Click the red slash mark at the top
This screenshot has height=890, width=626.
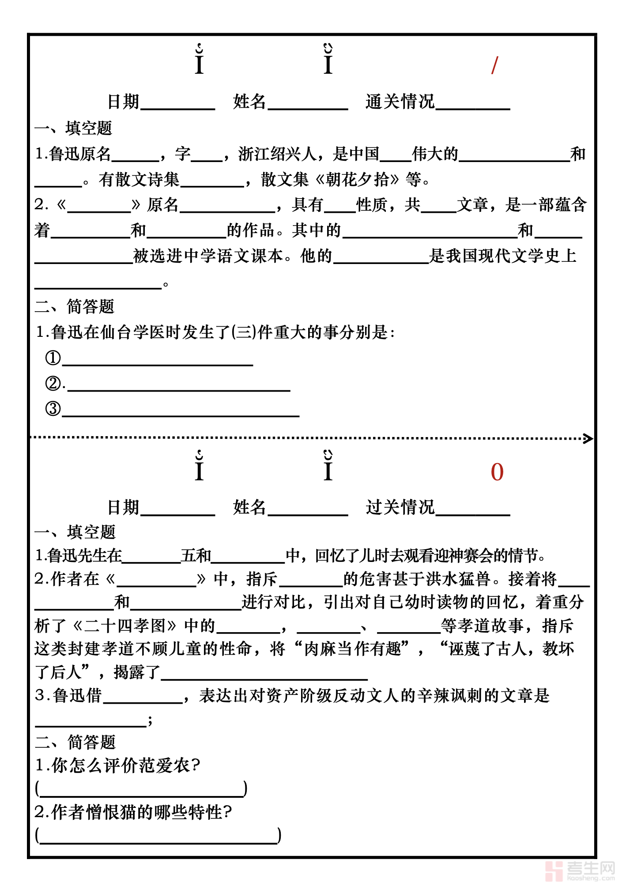click(x=494, y=65)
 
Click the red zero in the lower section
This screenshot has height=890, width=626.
click(x=497, y=472)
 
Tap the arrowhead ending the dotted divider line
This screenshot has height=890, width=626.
click(x=588, y=438)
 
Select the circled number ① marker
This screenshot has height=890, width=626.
click(x=53, y=358)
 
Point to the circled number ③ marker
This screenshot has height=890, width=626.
click(x=53, y=408)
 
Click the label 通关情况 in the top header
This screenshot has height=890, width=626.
click(x=400, y=102)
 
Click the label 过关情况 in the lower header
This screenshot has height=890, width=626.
click(x=400, y=507)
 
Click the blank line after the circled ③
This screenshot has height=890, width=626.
click(x=181, y=415)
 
